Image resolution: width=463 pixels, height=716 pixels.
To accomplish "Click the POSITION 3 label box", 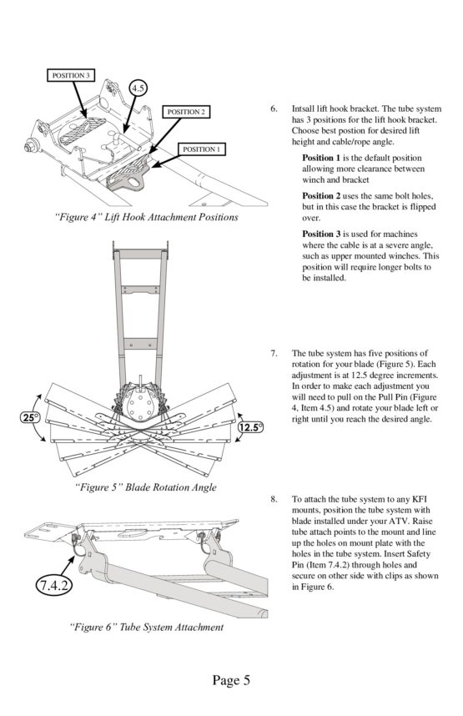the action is click(71, 75).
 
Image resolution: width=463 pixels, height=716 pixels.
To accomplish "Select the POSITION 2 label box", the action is click(186, 112).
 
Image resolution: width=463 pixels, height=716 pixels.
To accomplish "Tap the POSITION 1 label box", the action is click(201, 149).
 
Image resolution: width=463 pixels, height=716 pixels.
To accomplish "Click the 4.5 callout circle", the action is click(138, 88).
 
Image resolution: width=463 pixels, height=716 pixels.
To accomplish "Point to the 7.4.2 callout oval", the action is click(54, 586).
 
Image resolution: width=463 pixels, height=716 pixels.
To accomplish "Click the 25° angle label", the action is click(31, 417).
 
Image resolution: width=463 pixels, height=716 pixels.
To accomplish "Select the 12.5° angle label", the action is click(250, 427).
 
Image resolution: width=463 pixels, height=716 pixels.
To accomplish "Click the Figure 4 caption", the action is click(146, 217).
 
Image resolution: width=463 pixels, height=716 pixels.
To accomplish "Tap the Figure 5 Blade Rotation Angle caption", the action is click(146, 487).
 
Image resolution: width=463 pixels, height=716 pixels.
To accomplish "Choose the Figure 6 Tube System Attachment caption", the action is click(147, 627).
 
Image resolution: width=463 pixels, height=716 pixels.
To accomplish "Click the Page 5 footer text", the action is click(231, 680).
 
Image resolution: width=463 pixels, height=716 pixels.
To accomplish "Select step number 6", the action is click(274, 108).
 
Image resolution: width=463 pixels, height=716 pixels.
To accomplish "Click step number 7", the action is click(274, 353).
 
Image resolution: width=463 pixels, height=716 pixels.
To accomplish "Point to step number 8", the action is click(274, 499).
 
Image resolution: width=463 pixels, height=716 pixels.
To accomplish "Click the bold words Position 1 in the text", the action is click(321, 158).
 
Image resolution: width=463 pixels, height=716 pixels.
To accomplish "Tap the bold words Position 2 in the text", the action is click(321, 196).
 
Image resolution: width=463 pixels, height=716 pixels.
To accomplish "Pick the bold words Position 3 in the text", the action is click(321, 234).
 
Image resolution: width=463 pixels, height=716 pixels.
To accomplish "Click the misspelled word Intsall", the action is click(303, 108).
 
